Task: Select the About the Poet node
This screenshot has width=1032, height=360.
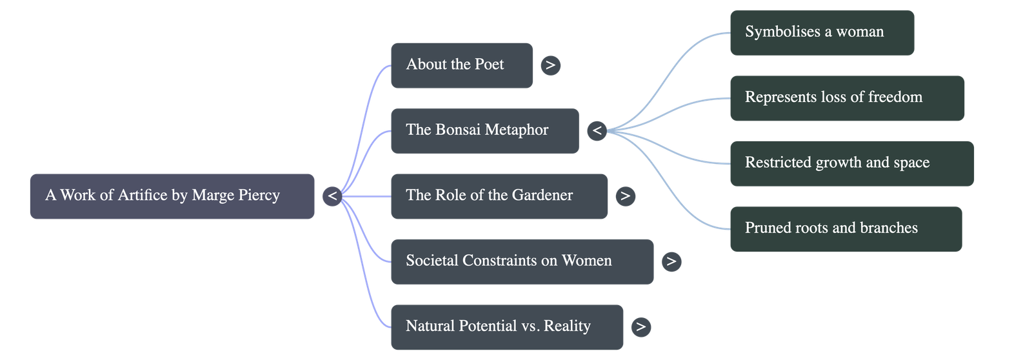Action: coord(461,65)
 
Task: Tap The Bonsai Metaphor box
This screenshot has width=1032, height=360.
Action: coord(484,131)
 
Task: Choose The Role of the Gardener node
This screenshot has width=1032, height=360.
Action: coord(499,196)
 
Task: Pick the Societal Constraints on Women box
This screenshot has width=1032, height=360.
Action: coord(521,261)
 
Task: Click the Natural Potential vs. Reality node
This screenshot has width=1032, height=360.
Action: coord(506,327)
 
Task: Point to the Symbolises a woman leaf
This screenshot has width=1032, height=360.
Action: coord(822,32)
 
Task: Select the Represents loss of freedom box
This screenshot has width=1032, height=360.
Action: coord(846,98)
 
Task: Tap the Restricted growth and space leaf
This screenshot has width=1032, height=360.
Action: coord(851,163)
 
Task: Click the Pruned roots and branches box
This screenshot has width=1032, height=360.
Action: coord(845,228)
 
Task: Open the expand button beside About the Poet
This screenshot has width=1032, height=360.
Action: coord(550,65)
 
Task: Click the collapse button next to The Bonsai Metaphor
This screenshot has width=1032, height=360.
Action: coord(597,131)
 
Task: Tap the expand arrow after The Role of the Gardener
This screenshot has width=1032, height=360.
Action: coord(625,196)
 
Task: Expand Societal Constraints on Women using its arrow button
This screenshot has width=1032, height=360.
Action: coord(671,261)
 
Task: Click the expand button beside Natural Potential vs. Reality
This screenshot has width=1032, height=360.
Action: coord(640,327)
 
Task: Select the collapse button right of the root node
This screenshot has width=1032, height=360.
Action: coord(332,196)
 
